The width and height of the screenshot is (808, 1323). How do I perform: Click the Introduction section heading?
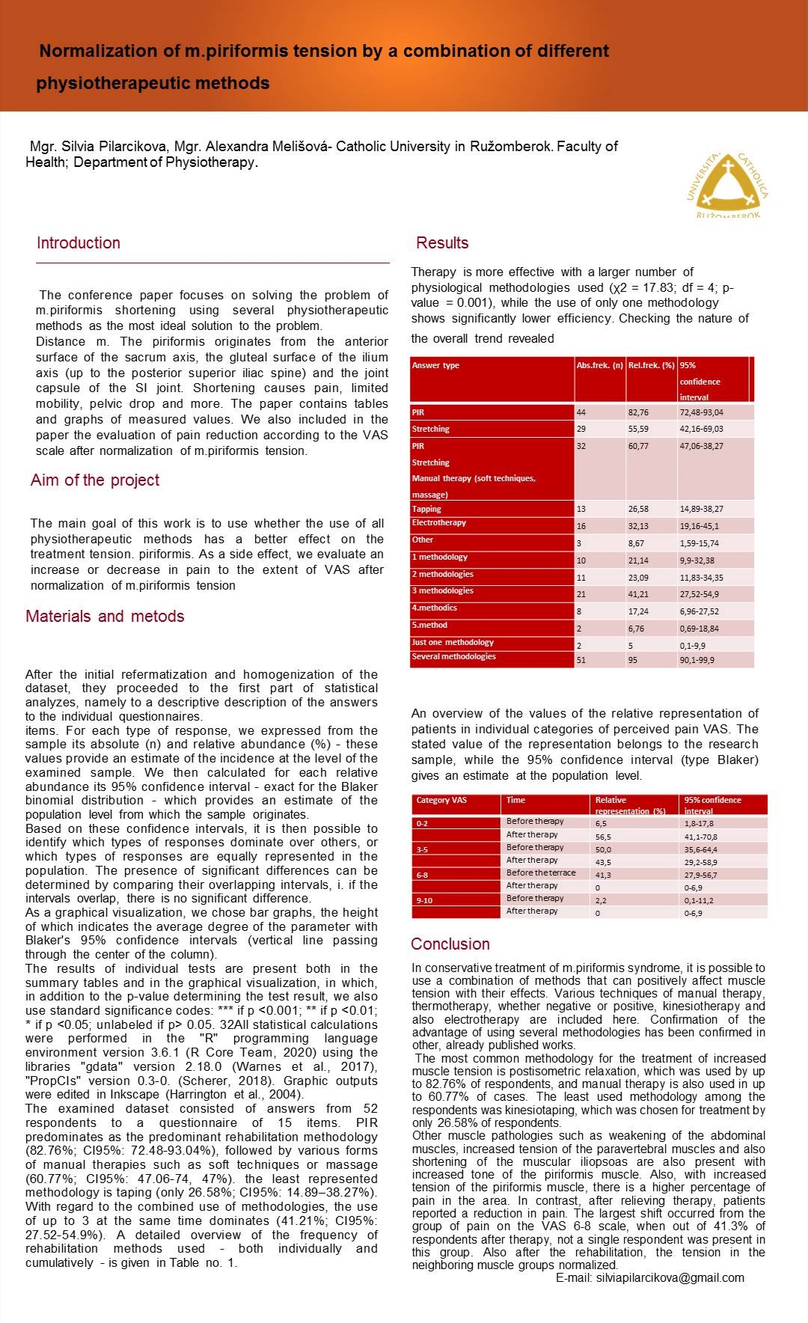(x=79, y=243)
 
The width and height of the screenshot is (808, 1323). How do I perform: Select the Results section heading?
(x=442, y=243)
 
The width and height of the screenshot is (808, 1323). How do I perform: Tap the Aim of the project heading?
(x=95, y=480)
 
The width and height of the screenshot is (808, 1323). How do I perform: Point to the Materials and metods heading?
(x=105, y=617)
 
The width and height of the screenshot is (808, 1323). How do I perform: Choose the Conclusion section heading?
(x=450, y=944)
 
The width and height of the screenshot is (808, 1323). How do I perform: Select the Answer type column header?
(x=435, y=365)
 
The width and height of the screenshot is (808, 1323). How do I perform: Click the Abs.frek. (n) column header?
(x=600, y=365)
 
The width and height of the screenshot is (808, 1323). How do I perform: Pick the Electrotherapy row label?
(x=439, y=523)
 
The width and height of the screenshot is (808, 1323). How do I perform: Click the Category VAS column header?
(x=441, y=800)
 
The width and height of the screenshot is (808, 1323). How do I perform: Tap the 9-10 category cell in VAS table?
(x=424, y=900)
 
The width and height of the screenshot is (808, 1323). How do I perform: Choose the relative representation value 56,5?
(x=602, y=837)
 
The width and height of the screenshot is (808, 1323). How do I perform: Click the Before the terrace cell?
(x=541, y=873)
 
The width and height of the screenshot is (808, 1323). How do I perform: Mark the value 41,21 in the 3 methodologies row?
(x=638, y=594)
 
